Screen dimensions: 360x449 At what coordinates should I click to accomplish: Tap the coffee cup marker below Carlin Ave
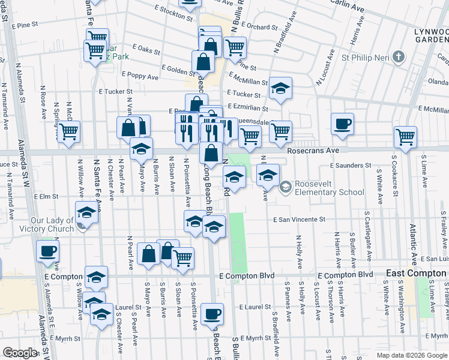[343, 124]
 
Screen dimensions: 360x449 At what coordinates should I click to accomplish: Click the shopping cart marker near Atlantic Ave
[406, 136]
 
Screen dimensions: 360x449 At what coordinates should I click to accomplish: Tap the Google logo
[20, 353]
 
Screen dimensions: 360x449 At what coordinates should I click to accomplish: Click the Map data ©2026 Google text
[412, 355]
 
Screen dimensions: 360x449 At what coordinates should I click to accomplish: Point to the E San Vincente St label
[298, 220]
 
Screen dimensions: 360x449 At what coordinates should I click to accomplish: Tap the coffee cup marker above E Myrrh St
[212, 313]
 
